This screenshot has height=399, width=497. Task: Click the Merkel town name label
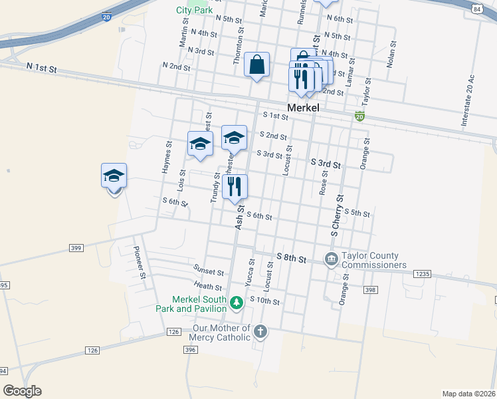click(303, 108)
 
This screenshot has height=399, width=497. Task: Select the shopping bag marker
click(256, 65)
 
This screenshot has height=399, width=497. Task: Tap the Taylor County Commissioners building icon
click(331, 259)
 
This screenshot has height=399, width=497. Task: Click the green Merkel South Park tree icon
click(236, 304)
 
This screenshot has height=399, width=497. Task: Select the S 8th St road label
click(291, 257)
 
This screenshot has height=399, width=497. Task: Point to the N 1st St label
click(43, 68)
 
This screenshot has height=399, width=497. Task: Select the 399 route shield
click(76, 248)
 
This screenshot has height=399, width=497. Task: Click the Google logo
click(22, 391)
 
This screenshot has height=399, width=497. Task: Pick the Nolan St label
click(392, 57)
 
